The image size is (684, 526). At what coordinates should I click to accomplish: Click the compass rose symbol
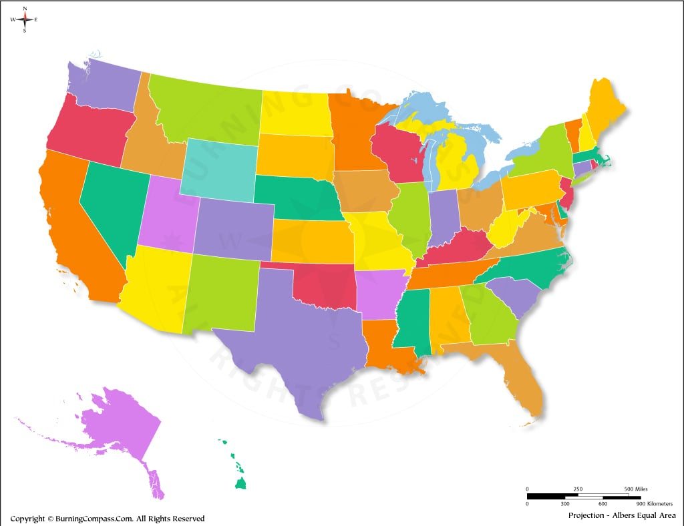[25, 19]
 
